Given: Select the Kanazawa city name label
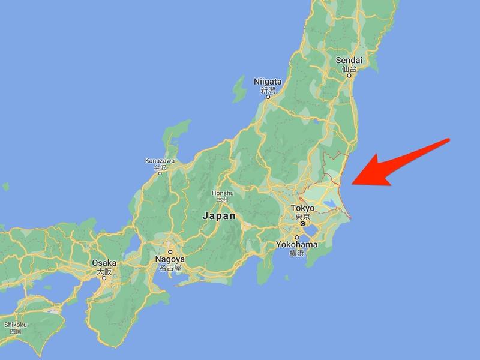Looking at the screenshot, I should pyautogui.click(x=159, y=161).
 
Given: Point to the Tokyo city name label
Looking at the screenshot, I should pyautogui.click(x=302, y=208).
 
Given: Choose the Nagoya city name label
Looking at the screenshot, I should pyautogui.click(x=170, y=259).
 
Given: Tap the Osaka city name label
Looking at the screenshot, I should pyautogui.click(x=104, y=263).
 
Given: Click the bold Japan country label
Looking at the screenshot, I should pyautogui.click(x=219, y=216).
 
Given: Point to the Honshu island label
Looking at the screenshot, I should pyautogui.click(x=222, y=193).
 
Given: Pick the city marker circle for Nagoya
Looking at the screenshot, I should pyautogui.click(x=170, y=252).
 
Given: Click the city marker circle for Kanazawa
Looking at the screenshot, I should pyautogui.click(x=159, y=173).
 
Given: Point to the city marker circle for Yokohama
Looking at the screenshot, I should pyautogui.click(x=296, y=238).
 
